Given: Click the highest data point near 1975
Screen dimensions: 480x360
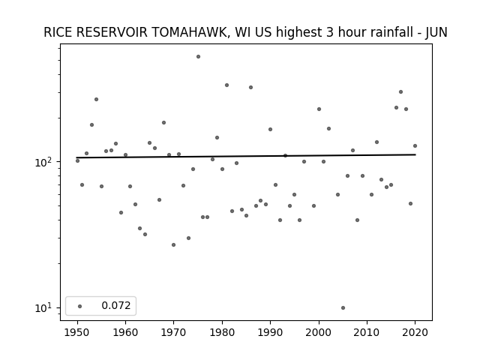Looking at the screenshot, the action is [x=198, y=57].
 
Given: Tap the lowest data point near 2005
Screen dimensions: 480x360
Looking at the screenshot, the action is [x=343, y=308].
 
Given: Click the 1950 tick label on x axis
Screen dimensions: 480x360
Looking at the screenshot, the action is [x=77, y=332].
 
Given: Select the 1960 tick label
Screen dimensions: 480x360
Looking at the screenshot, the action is [x=125, y=332].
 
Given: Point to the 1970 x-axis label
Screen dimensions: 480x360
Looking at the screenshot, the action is [x=173, y=332].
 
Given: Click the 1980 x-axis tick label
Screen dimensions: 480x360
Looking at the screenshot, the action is [x=222, y=332].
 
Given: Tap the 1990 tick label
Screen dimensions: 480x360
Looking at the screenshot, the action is [x=270, y=332].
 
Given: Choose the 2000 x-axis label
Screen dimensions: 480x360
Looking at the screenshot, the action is [x=319, y=332].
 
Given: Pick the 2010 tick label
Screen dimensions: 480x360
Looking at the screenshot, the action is [x=367, y=332].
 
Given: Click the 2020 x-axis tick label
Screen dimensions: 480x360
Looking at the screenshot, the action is [x=415, y=332].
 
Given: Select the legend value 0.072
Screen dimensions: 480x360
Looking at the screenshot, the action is [x=116, y=305].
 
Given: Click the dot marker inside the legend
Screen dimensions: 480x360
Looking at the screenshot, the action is [x=80, y=306].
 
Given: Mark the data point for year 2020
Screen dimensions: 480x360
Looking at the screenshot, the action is [x=415, y=146].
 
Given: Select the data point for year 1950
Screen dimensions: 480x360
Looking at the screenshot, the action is [x=77, y=160].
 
